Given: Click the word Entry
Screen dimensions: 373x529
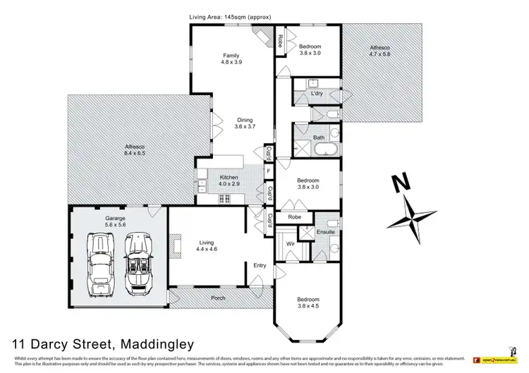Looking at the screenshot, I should point(260,265).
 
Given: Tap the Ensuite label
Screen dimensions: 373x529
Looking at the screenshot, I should point(325,232).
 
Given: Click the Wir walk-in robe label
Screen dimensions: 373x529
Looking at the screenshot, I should point(290,244).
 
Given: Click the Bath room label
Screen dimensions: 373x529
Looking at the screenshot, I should point(318,137).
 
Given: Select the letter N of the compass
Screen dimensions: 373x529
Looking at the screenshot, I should point(401,183).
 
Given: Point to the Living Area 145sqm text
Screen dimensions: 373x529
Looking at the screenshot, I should point(230,16).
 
